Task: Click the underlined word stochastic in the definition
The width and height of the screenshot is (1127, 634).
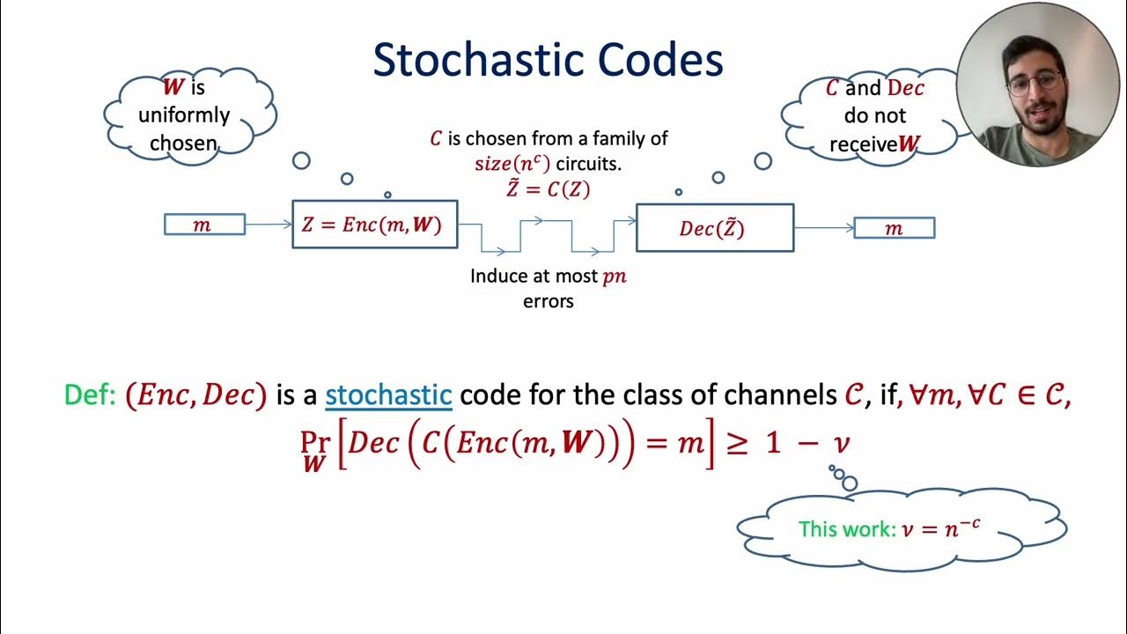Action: (388, 394)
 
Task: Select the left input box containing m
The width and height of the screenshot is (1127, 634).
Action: (203, 225)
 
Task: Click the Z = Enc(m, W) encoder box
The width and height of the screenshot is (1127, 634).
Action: (374, 225)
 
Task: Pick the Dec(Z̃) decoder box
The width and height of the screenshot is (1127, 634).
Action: (714, 228)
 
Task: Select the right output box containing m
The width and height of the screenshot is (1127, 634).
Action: (894, 229)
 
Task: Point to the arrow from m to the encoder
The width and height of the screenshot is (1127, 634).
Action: (268, 225)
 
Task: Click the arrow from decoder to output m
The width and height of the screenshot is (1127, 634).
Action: (823, 228)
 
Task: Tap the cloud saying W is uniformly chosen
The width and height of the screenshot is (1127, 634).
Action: (188, 114)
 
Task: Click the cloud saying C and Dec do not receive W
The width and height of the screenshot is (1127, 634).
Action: (872, 116)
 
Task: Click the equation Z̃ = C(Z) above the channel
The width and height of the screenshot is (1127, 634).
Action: (547, 188)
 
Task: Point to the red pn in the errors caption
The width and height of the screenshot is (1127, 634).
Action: (614, 276)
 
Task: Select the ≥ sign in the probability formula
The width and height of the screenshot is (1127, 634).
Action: (735, 443)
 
